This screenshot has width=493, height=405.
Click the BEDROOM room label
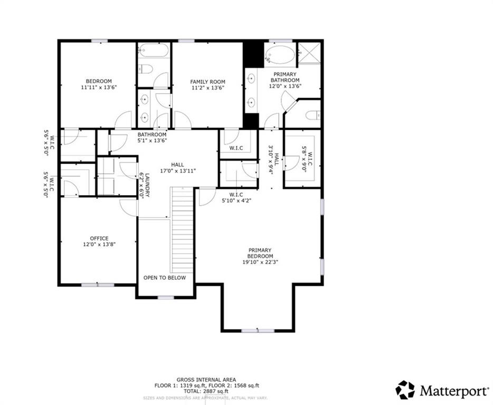click(x=98, y=81)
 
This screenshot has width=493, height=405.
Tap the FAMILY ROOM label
click(x=207, y=82)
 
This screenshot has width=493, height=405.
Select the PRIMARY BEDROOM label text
click(x=260, y=253)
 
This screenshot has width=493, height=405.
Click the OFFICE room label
click(x=99, y=238)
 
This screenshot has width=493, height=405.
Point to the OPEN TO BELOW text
click(x=165, y=277)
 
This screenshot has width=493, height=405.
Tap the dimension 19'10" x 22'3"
click(x=260, y=262)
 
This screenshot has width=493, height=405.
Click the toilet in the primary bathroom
click(x=311, y=115)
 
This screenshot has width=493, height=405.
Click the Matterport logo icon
click(x=405, y=390)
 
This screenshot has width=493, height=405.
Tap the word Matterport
click(x=454, y=391)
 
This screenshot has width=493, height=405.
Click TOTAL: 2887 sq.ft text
click(x=206, y=391)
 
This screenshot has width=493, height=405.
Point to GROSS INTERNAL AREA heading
click(x=206, y=380)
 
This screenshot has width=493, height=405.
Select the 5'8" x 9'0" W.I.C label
click(x=307, y=159)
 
